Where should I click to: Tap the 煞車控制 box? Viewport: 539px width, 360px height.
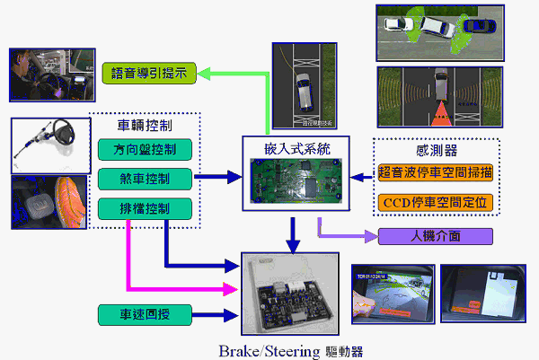[x=145, y=179]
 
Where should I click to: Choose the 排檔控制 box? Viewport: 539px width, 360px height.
[x=145, y=209]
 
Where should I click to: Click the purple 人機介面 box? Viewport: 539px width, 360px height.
[x=436, y=238]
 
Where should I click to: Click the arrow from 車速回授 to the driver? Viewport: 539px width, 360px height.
[x=216, y=315]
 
